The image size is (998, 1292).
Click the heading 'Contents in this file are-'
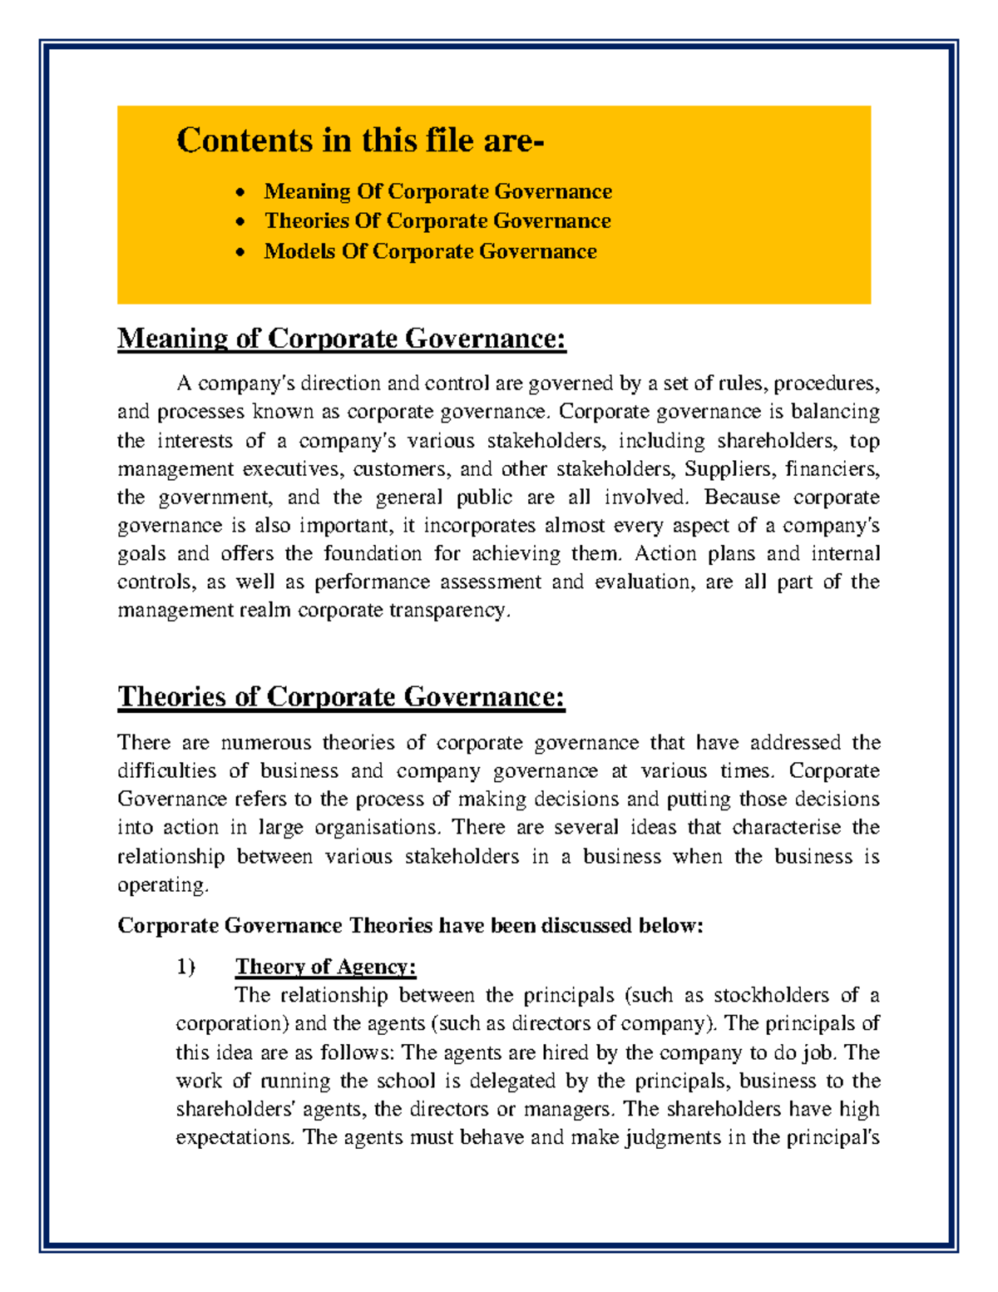tap(360, 141)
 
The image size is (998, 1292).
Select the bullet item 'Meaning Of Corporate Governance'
tap(437, 191)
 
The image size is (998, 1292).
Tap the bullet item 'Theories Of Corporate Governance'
tap(437, 221)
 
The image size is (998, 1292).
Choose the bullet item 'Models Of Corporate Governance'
tap(430, 251)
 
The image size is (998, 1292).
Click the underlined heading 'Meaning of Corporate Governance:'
tap(341, 339)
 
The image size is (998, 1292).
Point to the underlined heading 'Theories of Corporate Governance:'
tap(341, 696)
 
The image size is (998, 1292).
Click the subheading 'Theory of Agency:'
tap(325, 967)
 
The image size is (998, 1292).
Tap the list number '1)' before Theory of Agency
tap(185, 967)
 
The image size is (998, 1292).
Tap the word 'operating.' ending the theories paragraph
tap(163, 884)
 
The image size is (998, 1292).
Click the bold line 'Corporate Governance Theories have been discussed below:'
tap(410, 926)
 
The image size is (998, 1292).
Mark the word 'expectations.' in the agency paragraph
tap(235, 1137)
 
